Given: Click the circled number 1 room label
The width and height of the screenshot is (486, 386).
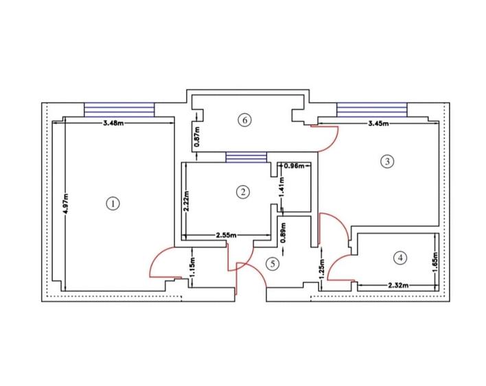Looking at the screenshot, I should [113, 203].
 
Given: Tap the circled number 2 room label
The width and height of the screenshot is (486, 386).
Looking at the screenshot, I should [242, 191].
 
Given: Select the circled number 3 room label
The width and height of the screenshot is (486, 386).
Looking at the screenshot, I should [387, 162].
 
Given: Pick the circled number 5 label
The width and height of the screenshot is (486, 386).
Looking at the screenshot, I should [273, 263].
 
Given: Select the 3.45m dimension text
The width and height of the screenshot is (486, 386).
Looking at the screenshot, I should [378, 124].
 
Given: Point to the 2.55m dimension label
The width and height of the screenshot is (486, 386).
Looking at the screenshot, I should [227, 235].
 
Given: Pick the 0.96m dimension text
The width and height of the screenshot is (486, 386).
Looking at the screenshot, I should [293, 166].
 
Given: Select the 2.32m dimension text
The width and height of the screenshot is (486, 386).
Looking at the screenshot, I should [397, 285].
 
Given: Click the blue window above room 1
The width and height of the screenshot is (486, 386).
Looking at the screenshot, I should [119, 110].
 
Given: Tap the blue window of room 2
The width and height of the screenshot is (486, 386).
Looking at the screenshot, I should [245, 157].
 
